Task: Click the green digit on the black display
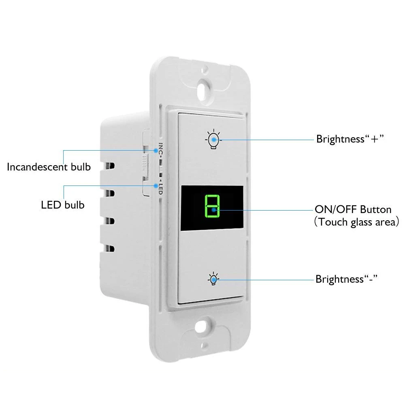(x=211, y=205)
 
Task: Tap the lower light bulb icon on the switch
(x=213, y=279)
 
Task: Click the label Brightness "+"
(x=350, y=139)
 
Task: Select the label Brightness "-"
(x=347, y=279)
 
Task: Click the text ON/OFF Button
(x=353, y=209)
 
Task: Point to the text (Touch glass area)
(x=356, y=222)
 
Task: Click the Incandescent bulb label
(x=49, y=166)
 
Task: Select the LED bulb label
(x=63, y=205)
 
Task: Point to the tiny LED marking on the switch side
(x=160, y=189)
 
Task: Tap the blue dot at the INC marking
(x=157, y=151)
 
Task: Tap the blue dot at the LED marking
(x=157, y=185)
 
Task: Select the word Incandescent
(x=38, y=166)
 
